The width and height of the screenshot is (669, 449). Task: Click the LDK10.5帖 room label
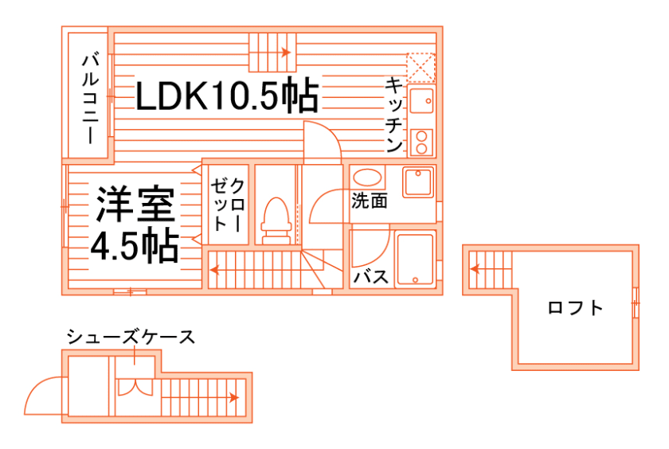[x=227, y=96]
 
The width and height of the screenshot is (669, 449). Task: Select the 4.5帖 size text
[x=134, y=248]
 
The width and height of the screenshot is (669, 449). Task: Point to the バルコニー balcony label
[x=90, y=97]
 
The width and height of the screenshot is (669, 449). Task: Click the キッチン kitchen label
[x=393, y=115]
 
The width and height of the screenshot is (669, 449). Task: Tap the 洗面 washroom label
[x=370, y=201]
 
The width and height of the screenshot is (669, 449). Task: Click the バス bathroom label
[x=370, y=277]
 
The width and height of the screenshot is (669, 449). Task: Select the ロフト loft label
[x=575, y=308]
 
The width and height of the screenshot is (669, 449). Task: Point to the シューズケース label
[x=131, y=337]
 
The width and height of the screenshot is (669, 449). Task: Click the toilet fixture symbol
[x=275, y=219]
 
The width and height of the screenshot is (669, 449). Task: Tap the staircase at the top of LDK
[x=272, y=53]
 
